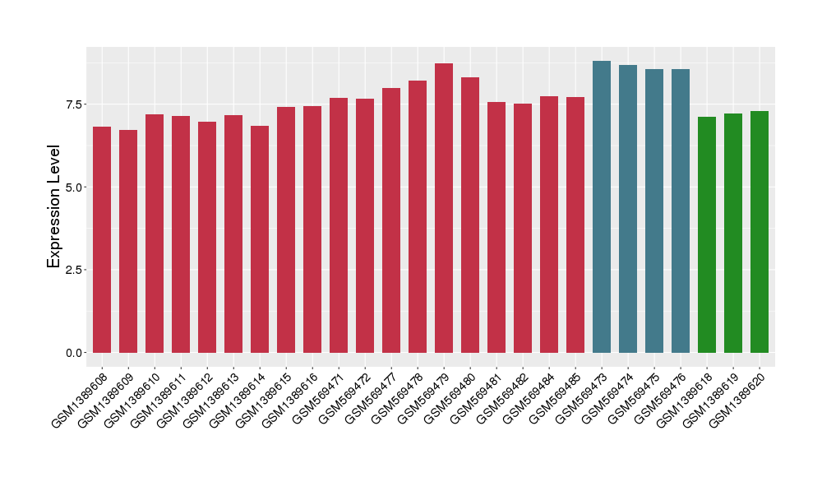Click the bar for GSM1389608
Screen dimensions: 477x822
(102, 239)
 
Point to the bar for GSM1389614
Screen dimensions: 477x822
(260, 239)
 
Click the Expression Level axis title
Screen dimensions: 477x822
(53, 206)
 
